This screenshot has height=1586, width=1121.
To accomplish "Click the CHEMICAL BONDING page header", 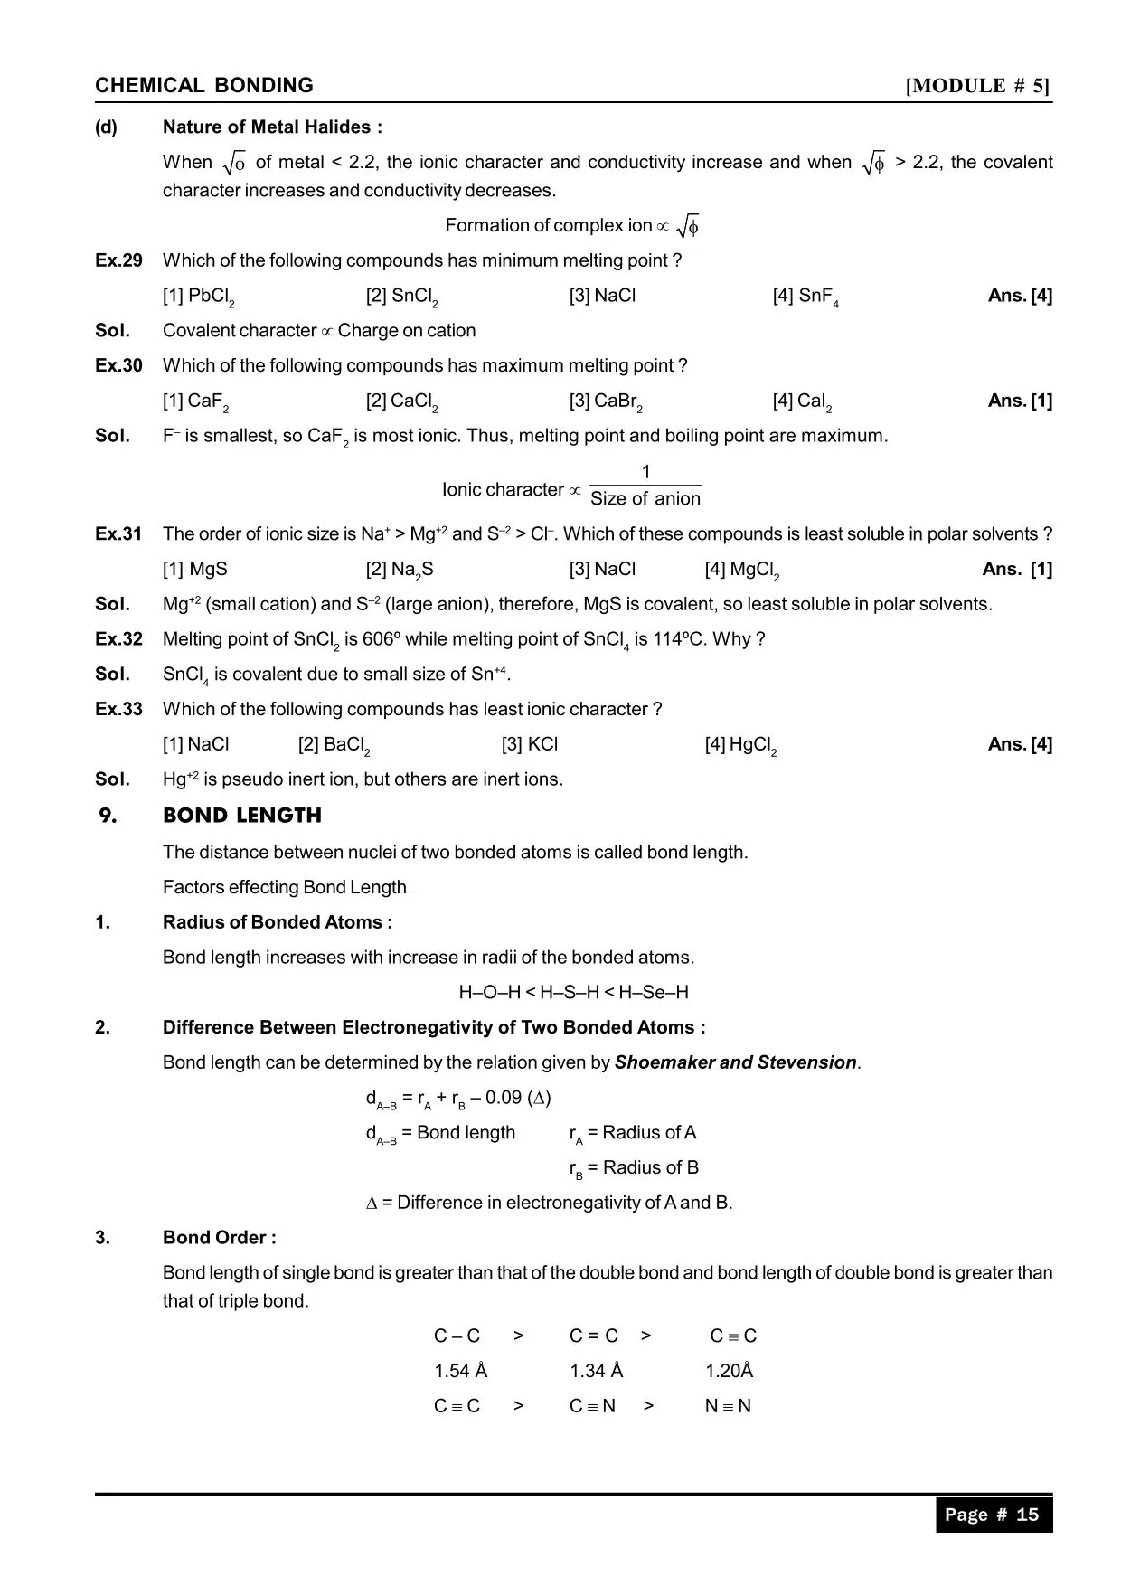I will pos(204,86).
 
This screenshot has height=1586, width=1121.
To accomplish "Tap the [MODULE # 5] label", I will pos(978,86).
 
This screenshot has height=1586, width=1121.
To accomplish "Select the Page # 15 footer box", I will pos(993,1515).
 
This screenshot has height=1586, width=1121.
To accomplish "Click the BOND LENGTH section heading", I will pos(242,816).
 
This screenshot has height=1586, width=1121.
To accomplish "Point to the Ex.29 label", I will pos(118,260).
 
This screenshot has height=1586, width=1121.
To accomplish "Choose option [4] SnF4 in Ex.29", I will pos(805,297).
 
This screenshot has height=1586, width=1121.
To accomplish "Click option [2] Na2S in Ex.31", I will pos(400,570).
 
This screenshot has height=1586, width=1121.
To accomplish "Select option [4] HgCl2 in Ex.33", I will pos(740,745).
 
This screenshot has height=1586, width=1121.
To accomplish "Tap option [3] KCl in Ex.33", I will pos(530,744).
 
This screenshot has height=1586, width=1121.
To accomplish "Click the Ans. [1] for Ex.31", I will pos(1017,569).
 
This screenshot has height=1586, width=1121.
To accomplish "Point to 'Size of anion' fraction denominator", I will pos(645,499).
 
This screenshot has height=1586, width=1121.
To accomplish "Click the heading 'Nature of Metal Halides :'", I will pos(272,127).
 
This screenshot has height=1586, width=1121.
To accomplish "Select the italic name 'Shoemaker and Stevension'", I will pos(735,1062).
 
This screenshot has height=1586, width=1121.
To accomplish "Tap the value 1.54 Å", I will pos(460,1371).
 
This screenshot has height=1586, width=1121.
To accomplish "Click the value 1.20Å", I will pos(729,1371).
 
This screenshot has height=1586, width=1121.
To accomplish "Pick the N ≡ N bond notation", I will pos(728,1406).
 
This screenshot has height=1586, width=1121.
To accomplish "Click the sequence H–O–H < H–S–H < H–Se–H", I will pos(573,993).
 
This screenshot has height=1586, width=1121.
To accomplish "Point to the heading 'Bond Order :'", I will pos(220,1238).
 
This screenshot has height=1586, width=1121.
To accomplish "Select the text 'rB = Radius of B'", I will pos(634,1168).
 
